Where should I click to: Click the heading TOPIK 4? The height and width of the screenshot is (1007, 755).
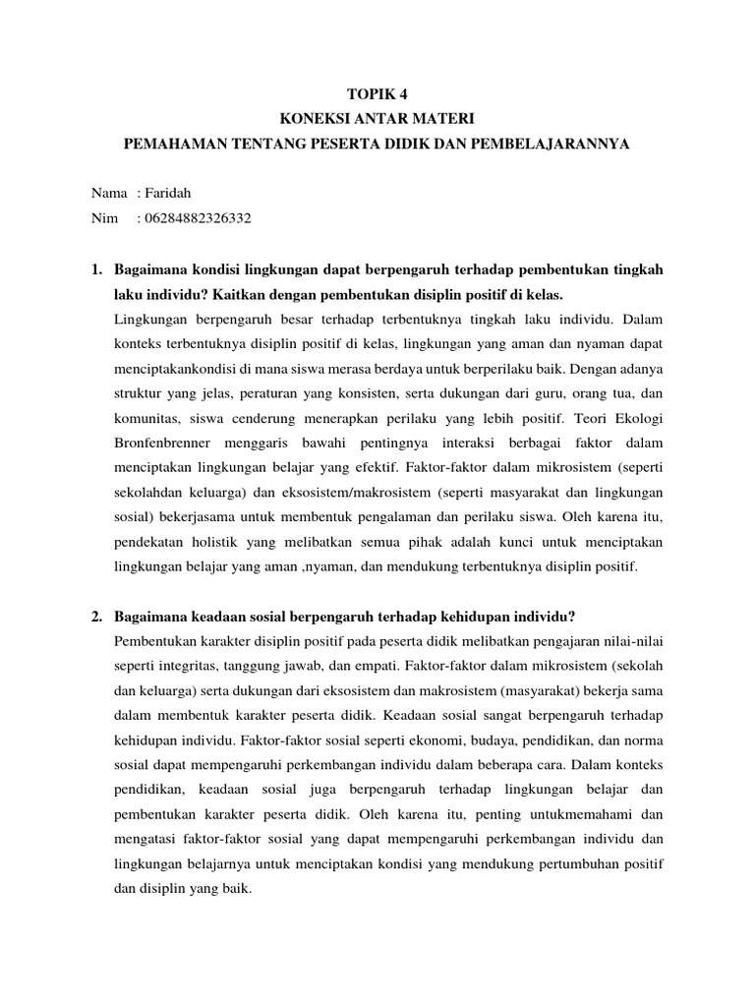point(377,94)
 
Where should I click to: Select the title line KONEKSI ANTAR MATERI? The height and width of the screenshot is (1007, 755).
point(377,119)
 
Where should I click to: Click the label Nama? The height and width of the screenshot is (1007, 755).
point(110,194)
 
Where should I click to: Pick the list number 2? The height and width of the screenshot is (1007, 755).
point(96,617)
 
